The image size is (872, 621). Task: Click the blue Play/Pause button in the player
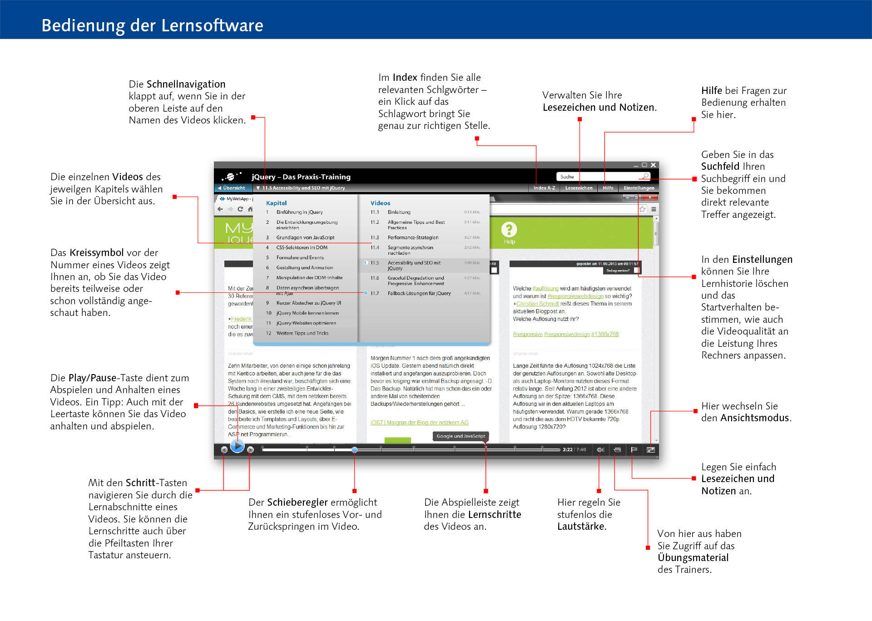237,446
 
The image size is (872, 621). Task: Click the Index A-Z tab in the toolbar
544,188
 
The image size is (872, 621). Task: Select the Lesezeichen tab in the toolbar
579,188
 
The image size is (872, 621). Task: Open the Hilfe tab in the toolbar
608,188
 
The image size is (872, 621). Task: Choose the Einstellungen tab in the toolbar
639,188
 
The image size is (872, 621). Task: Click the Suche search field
599,177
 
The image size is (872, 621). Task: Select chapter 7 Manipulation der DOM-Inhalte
309,278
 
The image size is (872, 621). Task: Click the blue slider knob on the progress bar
354,450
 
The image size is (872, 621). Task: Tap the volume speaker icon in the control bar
600,450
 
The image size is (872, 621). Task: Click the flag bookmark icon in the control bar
634,450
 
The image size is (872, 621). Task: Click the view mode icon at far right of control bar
651,450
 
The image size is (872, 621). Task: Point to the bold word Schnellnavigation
186,84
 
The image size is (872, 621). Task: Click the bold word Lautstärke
581,527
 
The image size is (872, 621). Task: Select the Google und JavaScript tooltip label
461,436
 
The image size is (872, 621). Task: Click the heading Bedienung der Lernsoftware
152,25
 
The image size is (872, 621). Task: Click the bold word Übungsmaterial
693,558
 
